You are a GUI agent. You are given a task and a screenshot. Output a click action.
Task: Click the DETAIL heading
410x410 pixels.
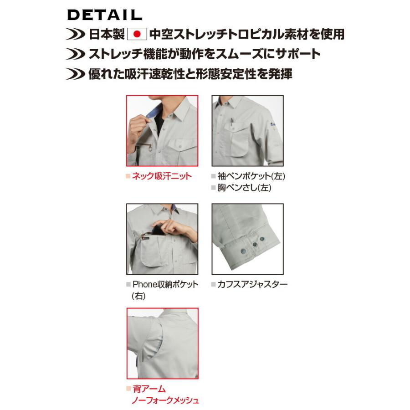104,15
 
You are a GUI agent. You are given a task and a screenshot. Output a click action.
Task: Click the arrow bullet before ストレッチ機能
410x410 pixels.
75,54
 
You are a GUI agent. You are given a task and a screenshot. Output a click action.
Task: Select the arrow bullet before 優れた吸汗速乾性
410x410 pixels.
75,74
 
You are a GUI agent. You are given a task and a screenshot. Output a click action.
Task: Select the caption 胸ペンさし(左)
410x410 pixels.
244,188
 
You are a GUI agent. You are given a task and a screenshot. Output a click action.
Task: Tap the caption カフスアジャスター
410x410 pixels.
252,284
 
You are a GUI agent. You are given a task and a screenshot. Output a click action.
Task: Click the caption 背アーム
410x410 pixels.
149,389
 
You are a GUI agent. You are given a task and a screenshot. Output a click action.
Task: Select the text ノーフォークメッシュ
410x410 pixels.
165,400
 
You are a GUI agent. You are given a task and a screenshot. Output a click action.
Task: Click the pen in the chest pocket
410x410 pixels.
231,123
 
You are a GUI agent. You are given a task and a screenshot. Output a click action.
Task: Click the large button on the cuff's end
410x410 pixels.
244,252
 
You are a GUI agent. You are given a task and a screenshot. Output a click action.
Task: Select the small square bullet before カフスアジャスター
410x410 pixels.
213,284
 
